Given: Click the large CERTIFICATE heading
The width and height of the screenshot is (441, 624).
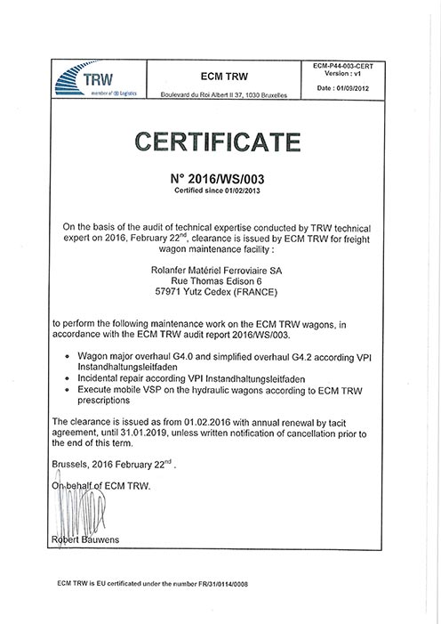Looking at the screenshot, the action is click(x=219, y=142).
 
